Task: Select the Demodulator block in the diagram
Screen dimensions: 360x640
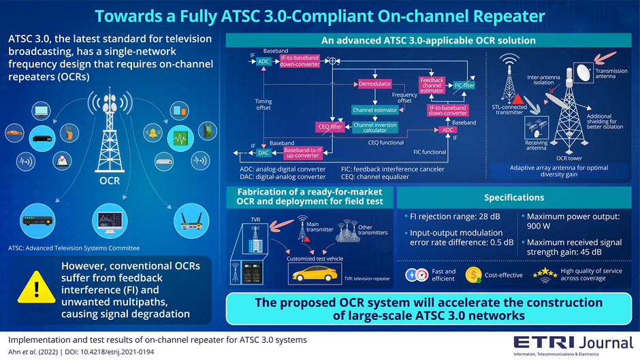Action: (x=374, y=84)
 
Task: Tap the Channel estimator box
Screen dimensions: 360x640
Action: (x=374, y=110)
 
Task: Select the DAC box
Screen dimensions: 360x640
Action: (x=263, y=153)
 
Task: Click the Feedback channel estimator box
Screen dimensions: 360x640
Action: (x=432, y=84)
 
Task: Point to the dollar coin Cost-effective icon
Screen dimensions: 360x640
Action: (x=474, y=275)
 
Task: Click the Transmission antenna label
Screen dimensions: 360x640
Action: (x=611, y=74)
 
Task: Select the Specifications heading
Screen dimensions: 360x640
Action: (x=514, y=197)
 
